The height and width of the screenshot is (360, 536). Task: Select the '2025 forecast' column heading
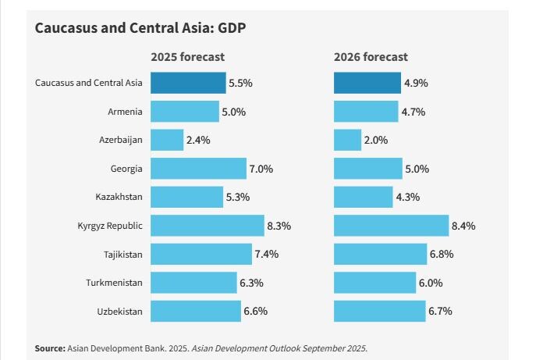[x=187, y=57]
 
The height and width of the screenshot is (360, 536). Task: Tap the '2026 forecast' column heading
[x=371, y=57]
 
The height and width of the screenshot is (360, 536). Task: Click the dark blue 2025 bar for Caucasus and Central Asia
[x=188, y=83]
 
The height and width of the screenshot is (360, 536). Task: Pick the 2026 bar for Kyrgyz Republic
[x=391, y=226]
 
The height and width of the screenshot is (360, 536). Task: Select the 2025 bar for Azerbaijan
[x=166, y=140]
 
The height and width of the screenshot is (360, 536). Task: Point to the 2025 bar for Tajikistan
[x=201, y=255]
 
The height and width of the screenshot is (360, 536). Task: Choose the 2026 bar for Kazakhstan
[x=363, y=197]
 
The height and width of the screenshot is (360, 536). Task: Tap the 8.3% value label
[x=279, y=226]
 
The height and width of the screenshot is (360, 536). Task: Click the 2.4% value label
[x=198, y=140]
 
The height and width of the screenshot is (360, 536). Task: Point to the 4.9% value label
[x=415, y=83]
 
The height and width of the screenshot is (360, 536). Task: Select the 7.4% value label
[x=266, y=255]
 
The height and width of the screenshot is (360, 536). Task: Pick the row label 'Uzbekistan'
[x=119, y=312]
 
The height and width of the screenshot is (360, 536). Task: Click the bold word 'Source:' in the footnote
[x=50, y=348]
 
